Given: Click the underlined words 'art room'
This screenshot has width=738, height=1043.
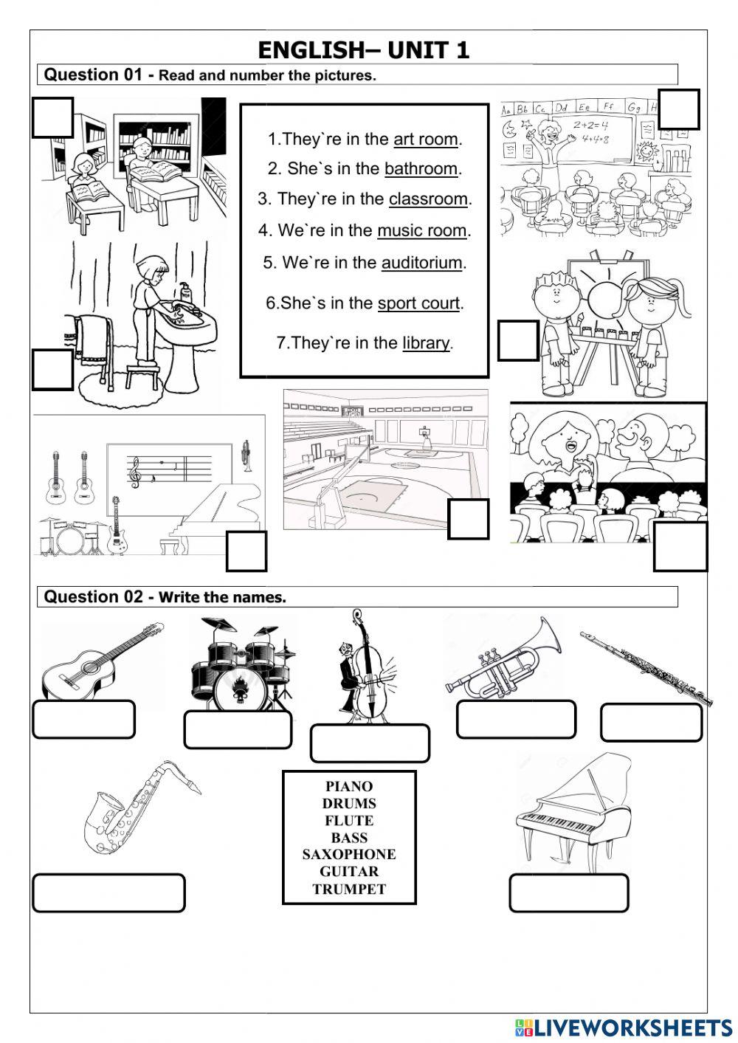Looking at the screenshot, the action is [426, 140].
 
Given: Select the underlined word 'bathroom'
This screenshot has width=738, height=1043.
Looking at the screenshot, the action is [421, 168].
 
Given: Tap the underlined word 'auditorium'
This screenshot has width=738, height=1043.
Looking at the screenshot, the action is [422, 263].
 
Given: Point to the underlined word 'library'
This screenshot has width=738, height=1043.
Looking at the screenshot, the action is [426, 343].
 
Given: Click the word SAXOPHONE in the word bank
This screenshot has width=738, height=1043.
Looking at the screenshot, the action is [349, 855].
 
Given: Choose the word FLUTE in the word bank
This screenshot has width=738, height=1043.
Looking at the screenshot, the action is [349, 820].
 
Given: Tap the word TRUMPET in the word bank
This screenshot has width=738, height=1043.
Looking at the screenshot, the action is [349, 889].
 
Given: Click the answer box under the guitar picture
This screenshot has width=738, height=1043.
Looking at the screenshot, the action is [84, 720].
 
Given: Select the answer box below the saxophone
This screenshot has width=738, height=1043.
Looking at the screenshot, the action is [108, 893].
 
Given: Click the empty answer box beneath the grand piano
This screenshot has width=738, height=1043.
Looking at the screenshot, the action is [569, 893].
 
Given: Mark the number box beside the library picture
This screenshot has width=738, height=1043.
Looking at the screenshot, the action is [52, 117].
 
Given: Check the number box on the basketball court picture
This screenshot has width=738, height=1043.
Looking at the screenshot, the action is [468, 519].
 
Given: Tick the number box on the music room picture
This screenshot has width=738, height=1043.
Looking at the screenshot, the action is [246, 551].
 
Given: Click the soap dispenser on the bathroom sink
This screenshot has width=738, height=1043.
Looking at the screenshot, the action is [186, 292].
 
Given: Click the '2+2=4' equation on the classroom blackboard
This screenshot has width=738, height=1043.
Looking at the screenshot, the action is [590, 125].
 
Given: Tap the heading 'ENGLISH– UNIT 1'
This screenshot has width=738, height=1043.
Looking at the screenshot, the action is [364, 50].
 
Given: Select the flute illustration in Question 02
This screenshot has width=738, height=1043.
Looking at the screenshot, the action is [646, 669].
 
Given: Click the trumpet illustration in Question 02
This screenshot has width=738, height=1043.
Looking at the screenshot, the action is [503, 658].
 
